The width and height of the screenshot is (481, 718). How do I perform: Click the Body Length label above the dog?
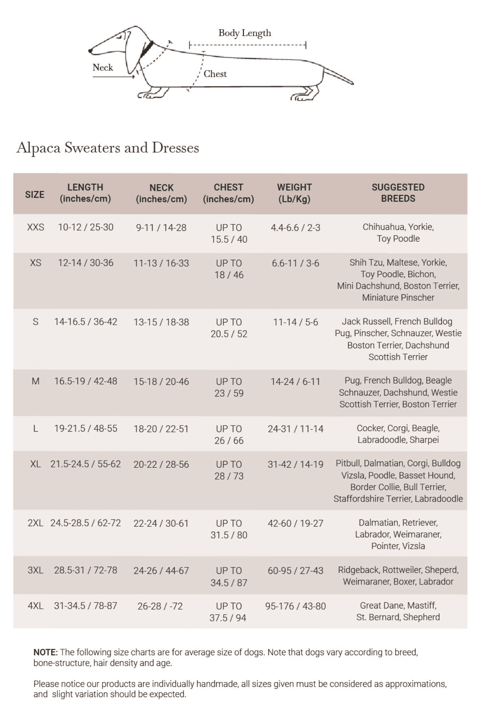click(x=245, y=33)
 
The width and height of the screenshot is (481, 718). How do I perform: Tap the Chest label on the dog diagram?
click(x=215, y=74)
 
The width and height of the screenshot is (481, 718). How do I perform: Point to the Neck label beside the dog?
click(x=103, y=68)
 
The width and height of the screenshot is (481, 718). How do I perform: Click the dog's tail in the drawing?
click(x=338, y=76)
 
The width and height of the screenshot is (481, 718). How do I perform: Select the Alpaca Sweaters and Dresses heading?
click(x=108, y=148)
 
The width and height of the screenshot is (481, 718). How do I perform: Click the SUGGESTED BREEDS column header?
click(x=398, y=193)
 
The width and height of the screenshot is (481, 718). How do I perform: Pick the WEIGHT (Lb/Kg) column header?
click(x=294, y=193)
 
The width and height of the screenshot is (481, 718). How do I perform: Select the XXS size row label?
click(x=35, y=227)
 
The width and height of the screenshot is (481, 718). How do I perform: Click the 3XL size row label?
click(x=35, y=570)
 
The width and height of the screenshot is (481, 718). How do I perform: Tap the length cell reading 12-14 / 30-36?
click(x=85, y=263)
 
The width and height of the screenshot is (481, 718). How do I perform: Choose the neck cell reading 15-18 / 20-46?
click(x=161, y=381)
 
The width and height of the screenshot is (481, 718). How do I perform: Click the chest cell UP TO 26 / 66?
click(x=229, y=434)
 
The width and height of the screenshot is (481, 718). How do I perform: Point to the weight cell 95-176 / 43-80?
click(x=295, y=606)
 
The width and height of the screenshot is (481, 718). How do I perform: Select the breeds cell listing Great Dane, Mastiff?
click(x=398, y=611)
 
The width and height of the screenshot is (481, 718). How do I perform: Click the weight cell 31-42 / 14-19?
click(x=295, y=464)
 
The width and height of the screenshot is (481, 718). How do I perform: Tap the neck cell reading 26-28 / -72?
click(x=160, y=606)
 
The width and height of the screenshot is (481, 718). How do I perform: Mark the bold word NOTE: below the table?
click(x=46, y=652)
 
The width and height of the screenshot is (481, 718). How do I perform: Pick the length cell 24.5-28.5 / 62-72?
click(x=85, y=523)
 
